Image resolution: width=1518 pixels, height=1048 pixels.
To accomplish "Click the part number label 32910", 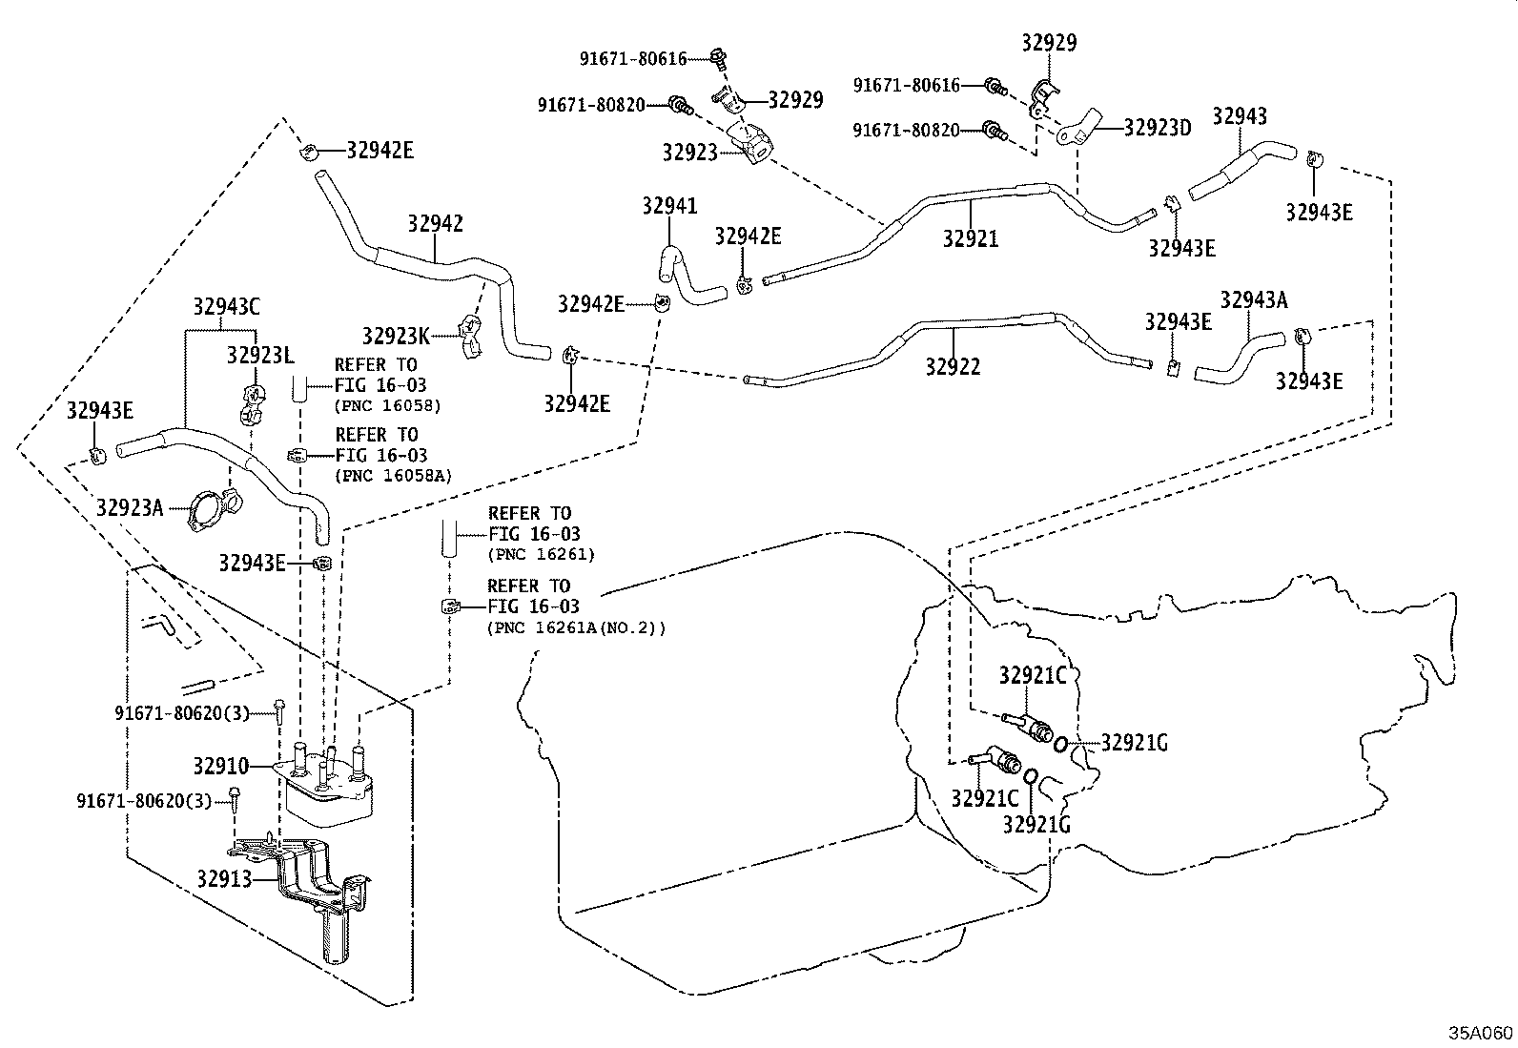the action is [221, 766].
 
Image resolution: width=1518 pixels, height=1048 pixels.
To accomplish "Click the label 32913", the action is [224, 879].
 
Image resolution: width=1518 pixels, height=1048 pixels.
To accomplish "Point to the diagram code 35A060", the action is [1481, 1033].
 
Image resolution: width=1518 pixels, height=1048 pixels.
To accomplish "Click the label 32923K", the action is [396, 336].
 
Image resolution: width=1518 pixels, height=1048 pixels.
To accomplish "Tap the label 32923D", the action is [1158, 128].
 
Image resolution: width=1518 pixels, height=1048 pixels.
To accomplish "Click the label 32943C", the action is [226, 306].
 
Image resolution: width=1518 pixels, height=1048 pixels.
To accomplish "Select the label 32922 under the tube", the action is [953, 367].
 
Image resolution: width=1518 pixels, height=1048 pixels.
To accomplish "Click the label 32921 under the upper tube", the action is [971, 238].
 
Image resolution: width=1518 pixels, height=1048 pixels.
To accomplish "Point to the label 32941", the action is [669, 205].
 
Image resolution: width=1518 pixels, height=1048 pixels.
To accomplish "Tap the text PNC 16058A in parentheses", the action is [393, 476].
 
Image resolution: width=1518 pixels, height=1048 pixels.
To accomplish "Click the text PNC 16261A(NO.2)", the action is [577, 628].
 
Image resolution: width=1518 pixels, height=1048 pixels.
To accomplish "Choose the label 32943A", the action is [1254, 299].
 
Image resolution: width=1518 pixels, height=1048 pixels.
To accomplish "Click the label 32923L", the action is [260, 355].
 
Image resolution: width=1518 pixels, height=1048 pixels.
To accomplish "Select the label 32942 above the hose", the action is [435, 224].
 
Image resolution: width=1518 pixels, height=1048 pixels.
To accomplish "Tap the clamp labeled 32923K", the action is [472, 335].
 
